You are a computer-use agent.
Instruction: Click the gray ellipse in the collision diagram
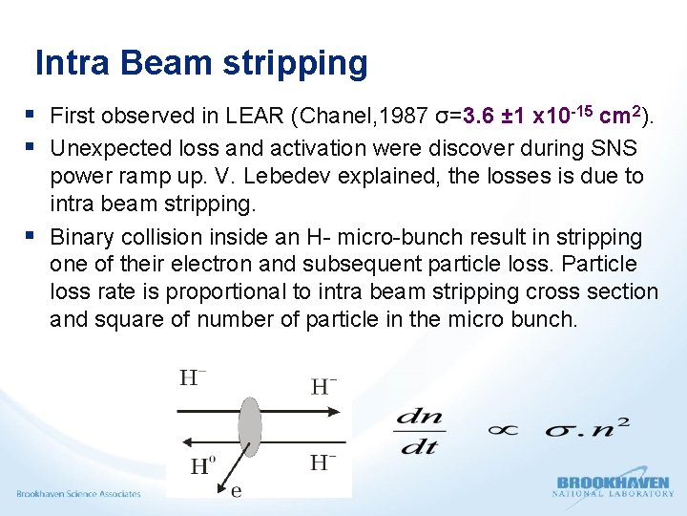click(250, 426)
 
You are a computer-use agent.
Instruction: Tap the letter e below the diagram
click(236, 490)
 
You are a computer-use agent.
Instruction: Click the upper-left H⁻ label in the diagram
click(193, 378)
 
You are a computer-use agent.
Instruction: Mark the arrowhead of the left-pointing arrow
click(183, 440)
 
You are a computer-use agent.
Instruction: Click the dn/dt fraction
click(420, 431)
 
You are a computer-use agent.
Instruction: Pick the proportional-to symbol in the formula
click(502, 429)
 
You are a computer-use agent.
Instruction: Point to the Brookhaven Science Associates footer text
click(78, 494)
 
